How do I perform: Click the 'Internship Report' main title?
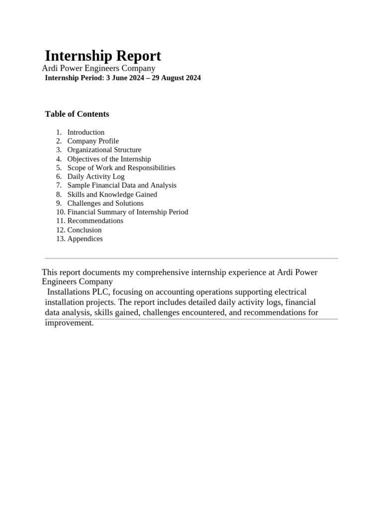pyautogui.click(x=103, y=56)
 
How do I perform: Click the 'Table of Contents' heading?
pyautogui.click(x=77, y=114)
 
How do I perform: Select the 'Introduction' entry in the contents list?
pyautogui.click(x=86, y=132)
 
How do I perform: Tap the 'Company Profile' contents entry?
pyautogui.click(x=93, y=141)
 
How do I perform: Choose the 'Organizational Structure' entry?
pyautogui.click(x=104, y=150)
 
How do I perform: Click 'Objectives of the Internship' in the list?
pyautogui.click(x=109, y=159)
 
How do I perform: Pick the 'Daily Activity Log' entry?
pyautogui.click(x=96, y=176)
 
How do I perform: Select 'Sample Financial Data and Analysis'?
pyautogui.click(x=122, y=185)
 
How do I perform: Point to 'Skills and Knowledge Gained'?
pyautogui.click(x=112, y=194)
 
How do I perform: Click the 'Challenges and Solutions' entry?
pyautogui.click(x=105, y=203)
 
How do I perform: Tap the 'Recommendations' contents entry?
pyautogui.click(x=95, y=221)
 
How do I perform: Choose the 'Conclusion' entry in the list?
pyautogui.click(x=85, y=230)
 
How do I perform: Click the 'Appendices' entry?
pyautogui.click(x=85, y=239)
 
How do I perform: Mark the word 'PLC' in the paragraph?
pyautogui.click(x=102, y=292)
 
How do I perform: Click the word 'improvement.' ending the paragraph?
pyautogui.click(x=69, y=323)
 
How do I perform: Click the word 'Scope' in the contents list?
pyautogui.click(x=77, y=168)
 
